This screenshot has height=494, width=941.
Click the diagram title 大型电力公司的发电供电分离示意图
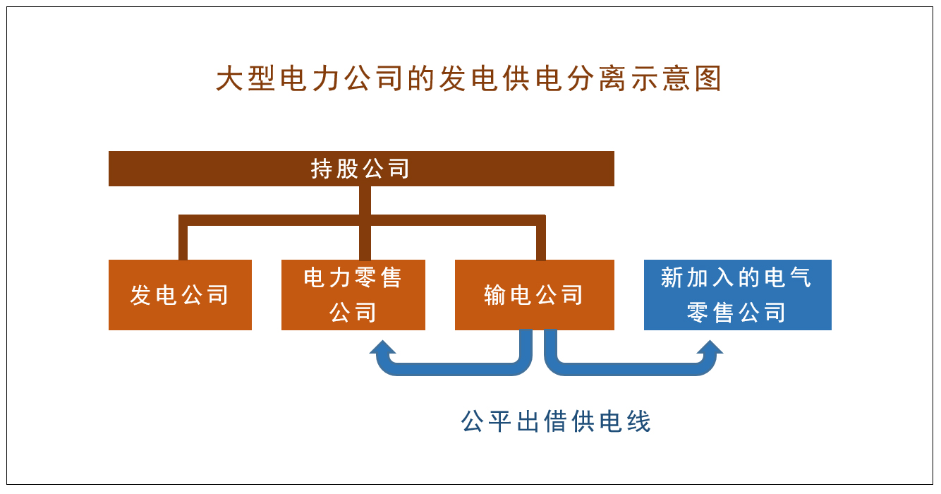(x=468, y=78)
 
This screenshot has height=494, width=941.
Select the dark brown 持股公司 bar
(x=361, y=169)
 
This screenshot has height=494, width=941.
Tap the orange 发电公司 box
(x=180, y=295)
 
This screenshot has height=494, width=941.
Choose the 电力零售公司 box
(x=353, y=295)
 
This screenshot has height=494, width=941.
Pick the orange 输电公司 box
(x=535, y=295)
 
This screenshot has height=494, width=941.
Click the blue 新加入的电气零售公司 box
(x=738, y=295)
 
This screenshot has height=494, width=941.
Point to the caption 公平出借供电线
(x=556, y=421)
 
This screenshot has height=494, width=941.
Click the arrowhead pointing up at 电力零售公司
(x=383, y=347)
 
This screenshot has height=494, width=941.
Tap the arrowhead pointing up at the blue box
(x=710, y=347)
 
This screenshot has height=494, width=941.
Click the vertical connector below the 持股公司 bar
(x=365, y=223)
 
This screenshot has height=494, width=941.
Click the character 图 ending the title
(x=708, y=78)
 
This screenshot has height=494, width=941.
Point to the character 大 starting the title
(x=229, y=78)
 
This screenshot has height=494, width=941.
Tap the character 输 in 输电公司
(x=495, y=295)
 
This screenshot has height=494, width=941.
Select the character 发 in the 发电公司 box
(x=140, y=295)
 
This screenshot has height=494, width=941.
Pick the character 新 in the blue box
(x=672, y=277)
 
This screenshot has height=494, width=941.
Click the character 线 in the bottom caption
(x=639, y=421)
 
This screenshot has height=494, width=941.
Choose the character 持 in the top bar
(x=322, y=169)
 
